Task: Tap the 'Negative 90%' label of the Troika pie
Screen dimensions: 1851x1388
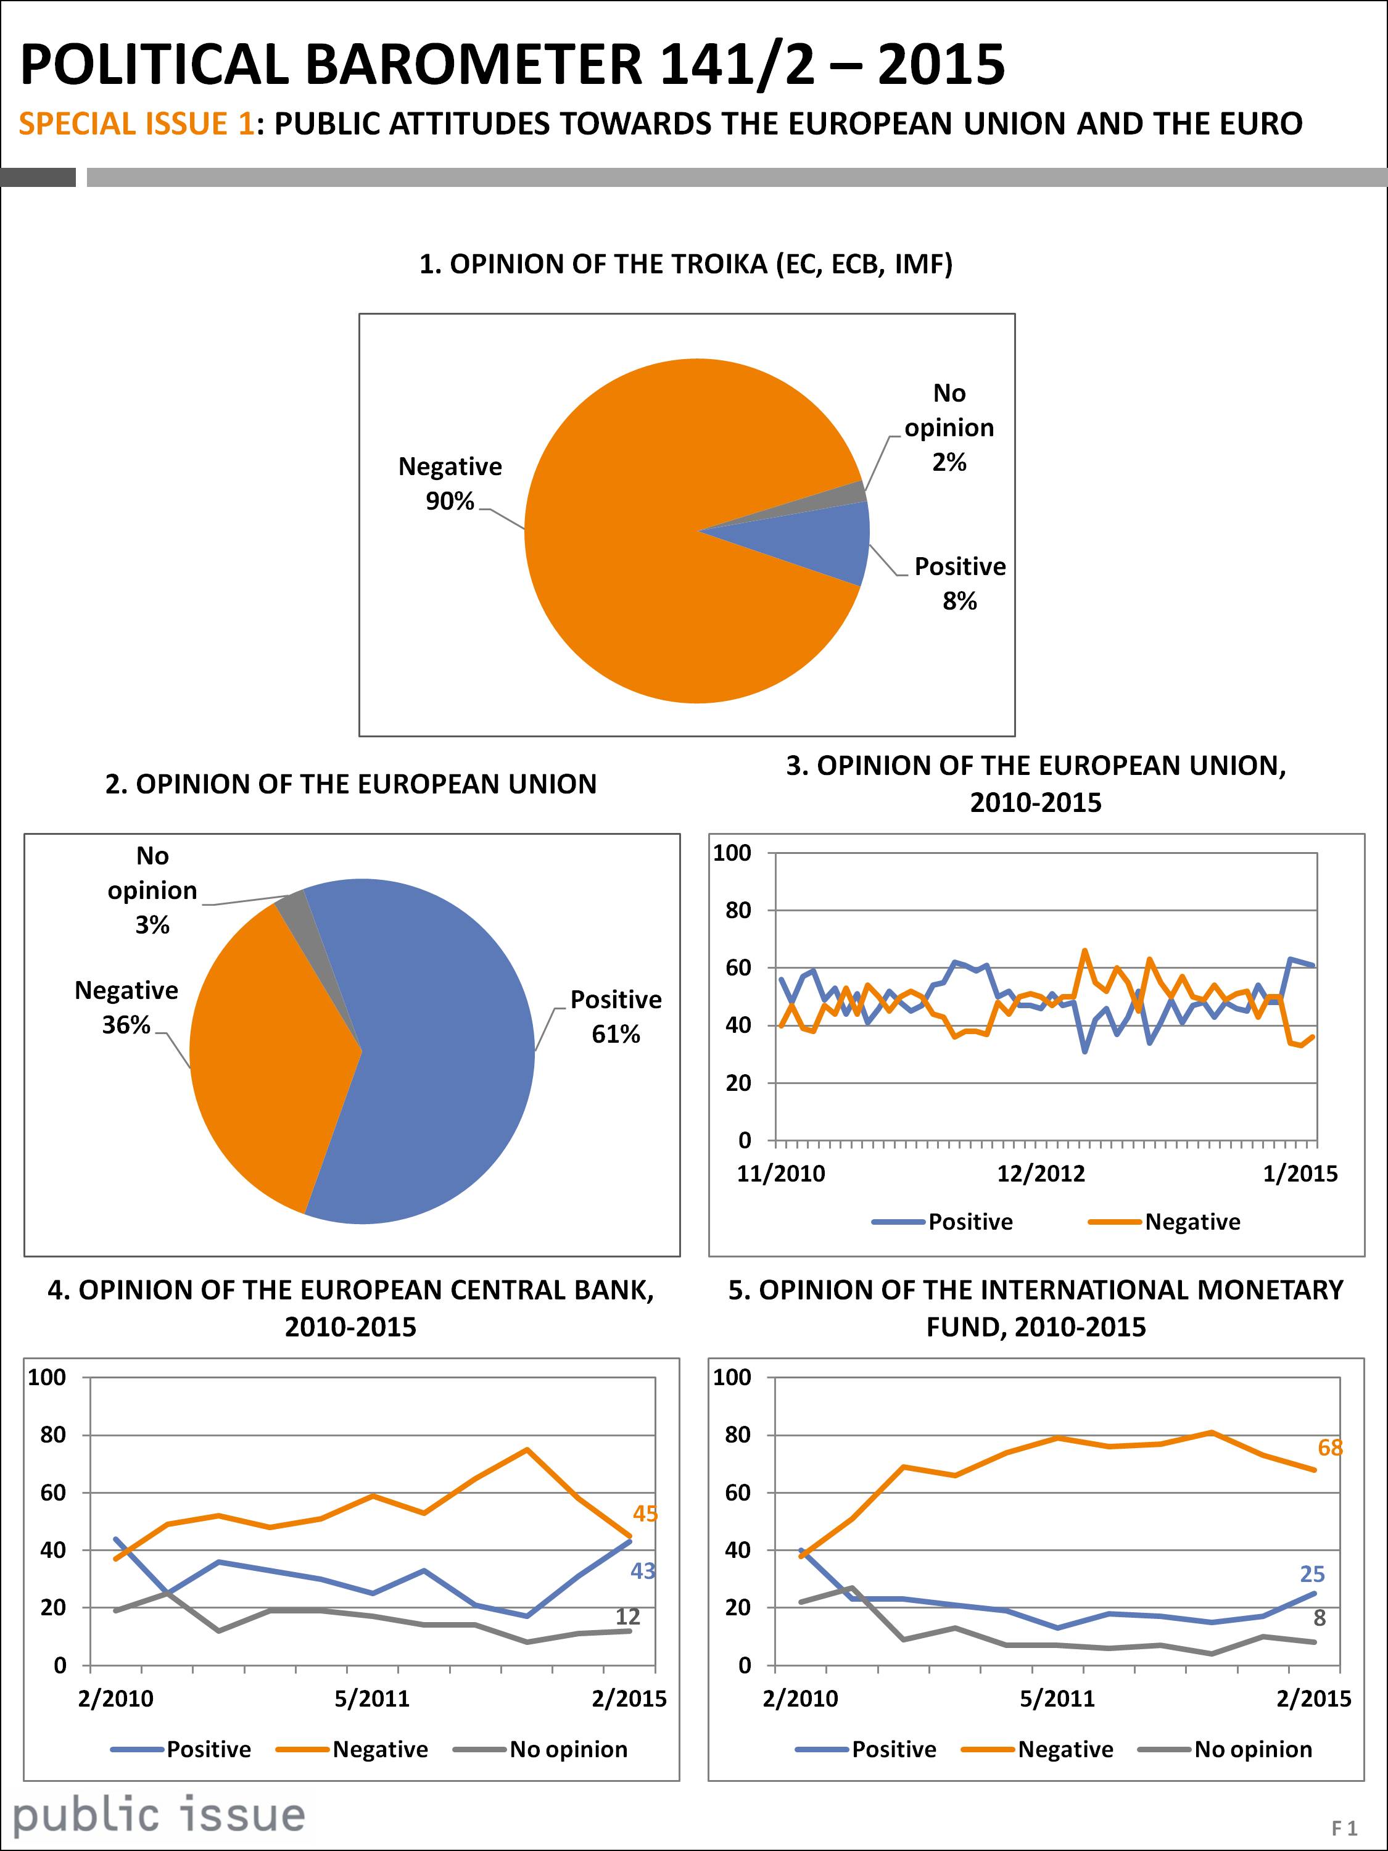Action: point(450,484)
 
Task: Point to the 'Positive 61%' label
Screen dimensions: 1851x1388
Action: point(616,1017)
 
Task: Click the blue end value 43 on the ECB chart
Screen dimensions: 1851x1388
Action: point(643,1571)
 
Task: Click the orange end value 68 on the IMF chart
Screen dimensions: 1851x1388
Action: point(1330,1447)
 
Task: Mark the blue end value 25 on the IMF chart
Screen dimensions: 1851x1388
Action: point(1313,1574)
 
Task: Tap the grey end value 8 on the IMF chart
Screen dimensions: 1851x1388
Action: point(1320,1618)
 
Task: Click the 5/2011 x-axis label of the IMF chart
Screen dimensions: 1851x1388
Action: point(1057,1699)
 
